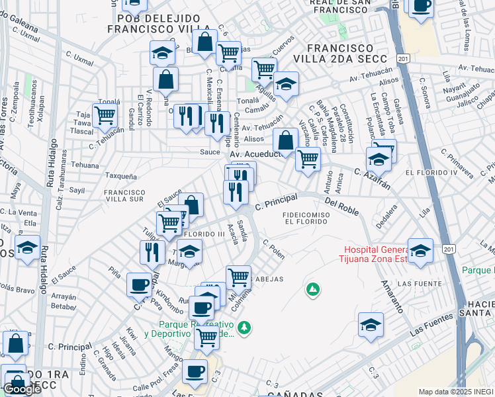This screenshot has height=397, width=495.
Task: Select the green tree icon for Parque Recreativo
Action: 244,328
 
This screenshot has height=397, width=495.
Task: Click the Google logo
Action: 22,389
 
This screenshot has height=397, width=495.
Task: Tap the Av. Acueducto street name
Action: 255,154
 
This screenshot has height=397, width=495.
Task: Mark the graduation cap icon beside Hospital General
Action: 420,251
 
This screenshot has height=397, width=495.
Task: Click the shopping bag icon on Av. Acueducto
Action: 285,140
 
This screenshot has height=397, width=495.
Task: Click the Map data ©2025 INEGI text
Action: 455,392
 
